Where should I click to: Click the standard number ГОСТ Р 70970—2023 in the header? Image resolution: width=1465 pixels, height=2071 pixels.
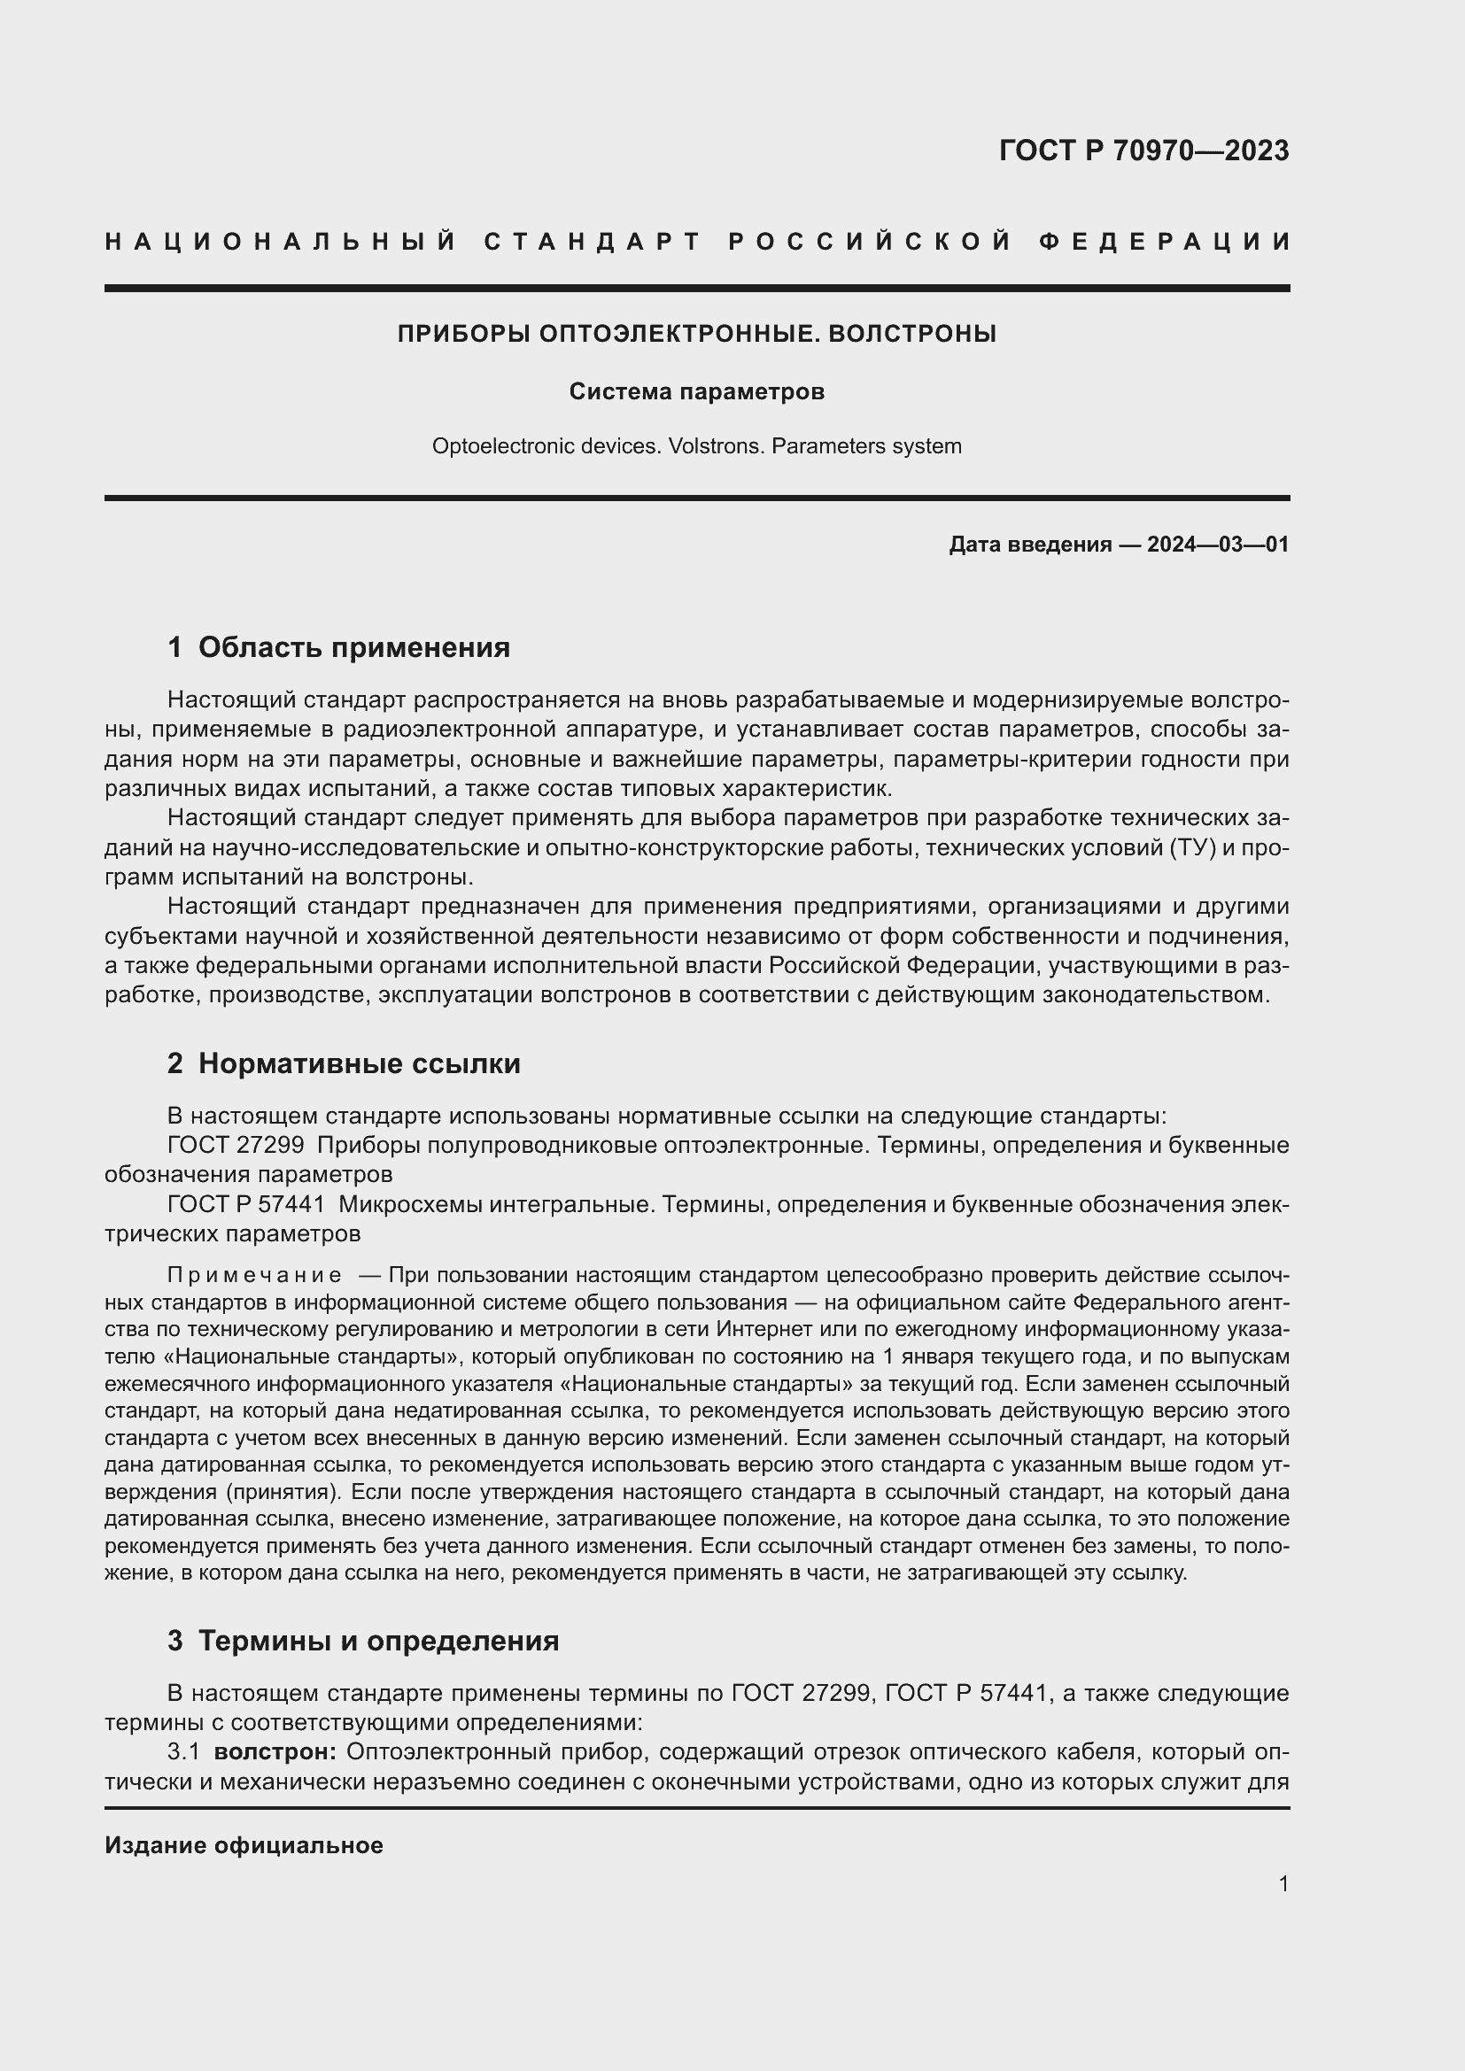point(1143,151)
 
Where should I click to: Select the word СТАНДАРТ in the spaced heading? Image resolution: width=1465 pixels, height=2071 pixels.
point(593,242)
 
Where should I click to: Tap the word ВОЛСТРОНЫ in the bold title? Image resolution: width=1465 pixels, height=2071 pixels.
point(911,334)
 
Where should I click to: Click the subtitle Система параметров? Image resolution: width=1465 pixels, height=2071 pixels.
point(696,391)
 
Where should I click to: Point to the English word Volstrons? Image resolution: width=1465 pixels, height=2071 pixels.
point(717,446)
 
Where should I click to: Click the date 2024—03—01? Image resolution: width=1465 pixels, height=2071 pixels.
point(1218,545)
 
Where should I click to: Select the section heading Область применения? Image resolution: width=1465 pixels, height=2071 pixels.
point(353,646)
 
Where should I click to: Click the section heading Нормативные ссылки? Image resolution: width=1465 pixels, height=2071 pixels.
point(359,1063)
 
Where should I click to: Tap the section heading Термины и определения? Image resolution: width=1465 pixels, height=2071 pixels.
point(378,1641)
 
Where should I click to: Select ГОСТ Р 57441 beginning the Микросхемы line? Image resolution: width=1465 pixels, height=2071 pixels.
point(245,1204)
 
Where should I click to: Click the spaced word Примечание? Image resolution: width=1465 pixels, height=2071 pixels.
point(254,1275)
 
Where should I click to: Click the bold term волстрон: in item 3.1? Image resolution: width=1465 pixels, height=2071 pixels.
point(275,1752)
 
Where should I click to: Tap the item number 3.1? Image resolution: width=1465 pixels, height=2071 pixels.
point(183,1752)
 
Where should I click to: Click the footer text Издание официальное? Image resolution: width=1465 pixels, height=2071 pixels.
point(244,1845)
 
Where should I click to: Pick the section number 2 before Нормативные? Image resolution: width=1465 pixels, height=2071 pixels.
point(175,1063)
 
